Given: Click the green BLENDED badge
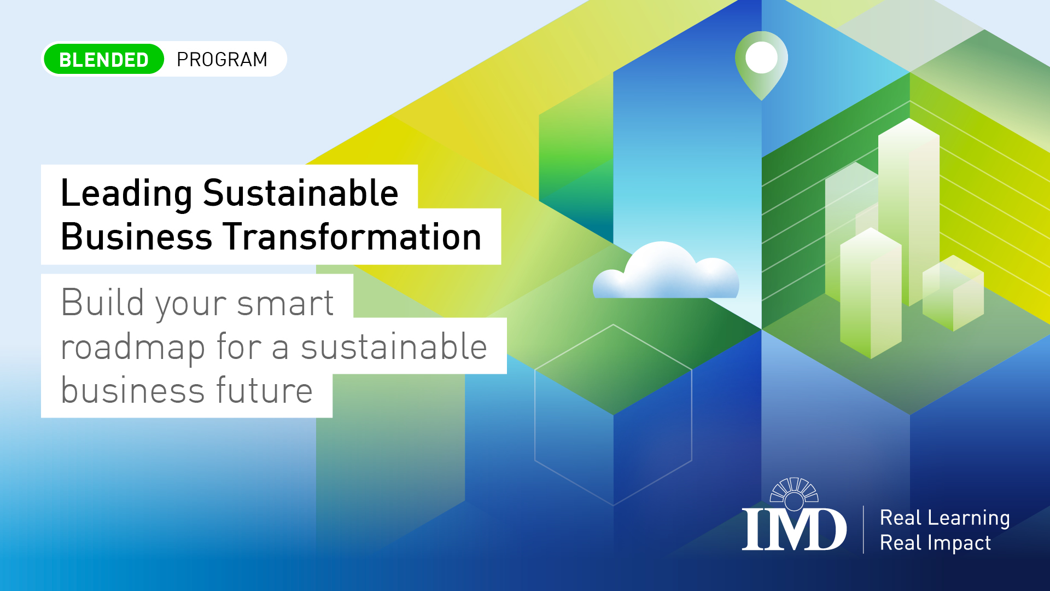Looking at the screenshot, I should click(x=104, y=59).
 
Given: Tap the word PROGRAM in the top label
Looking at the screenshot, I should click(x=222, y=59).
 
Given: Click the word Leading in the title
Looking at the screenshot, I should click(x=126, y=193).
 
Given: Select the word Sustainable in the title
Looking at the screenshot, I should click(x=300, y=193).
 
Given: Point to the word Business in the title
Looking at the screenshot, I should click(x=136, y=237).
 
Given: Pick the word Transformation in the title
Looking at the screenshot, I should click(x=353, y=237).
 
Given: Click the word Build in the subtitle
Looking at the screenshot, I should click(x=102, y=302).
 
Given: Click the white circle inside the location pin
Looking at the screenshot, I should click(x=761, y=57).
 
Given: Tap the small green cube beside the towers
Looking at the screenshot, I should click(x=953, y=293).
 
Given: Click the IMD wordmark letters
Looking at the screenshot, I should click(x=794, y=529).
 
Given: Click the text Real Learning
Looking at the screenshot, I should click(x=944, y=518).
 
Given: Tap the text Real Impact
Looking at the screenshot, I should click(x=935, y=543).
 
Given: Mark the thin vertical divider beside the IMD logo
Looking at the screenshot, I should click(x=864, y=529).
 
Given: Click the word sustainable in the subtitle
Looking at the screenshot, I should click(x=394, y=347).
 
